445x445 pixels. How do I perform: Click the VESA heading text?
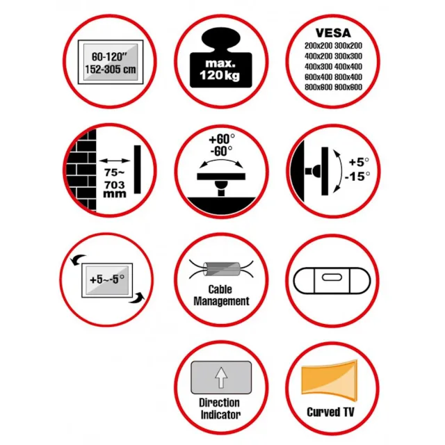333,33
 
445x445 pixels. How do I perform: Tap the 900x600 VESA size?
348,87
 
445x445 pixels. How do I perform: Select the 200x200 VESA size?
318,46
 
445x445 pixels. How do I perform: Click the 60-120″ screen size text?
108,57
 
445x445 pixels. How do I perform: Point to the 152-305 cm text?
111,70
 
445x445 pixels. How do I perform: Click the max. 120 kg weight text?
220,70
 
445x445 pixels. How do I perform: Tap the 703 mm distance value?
115,189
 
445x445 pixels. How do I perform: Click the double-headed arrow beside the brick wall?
115,161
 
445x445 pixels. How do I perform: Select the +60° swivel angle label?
222,139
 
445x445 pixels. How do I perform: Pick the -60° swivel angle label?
221,151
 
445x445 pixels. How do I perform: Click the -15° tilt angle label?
357,176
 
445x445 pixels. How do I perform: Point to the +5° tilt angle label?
359,162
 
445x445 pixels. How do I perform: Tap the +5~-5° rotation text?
107,280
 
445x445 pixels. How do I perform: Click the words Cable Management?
221,295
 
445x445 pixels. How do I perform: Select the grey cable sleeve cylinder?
222,269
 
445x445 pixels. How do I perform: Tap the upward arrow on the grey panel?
221,378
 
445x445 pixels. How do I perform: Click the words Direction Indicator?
220,409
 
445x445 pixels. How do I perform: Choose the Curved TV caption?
330,412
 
